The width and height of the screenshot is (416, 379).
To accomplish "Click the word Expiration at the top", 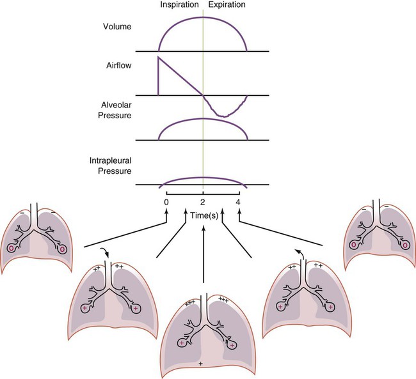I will pyautogui.click(x=227, y=5).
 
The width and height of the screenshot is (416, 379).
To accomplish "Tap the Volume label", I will pyautogui.click(x=117, y=27).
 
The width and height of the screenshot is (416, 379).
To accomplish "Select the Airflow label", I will pyautogui.click(x=118, y=65).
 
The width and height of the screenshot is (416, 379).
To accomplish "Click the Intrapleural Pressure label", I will pyautogui.click(x=111, y=166).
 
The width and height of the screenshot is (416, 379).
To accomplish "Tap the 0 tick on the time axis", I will pyautogui.click(x=166, y=202).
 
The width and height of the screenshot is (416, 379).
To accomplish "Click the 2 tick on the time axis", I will pyautogui.click(x=202, y=202).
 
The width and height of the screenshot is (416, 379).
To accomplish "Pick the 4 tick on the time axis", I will pyautogui.click(x=238, y=202).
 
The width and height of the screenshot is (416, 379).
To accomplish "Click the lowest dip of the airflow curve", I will pyautogui.click(x=221, y=115).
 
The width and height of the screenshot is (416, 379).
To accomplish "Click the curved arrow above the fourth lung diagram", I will pyautogui.click(x=298, y=252).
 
